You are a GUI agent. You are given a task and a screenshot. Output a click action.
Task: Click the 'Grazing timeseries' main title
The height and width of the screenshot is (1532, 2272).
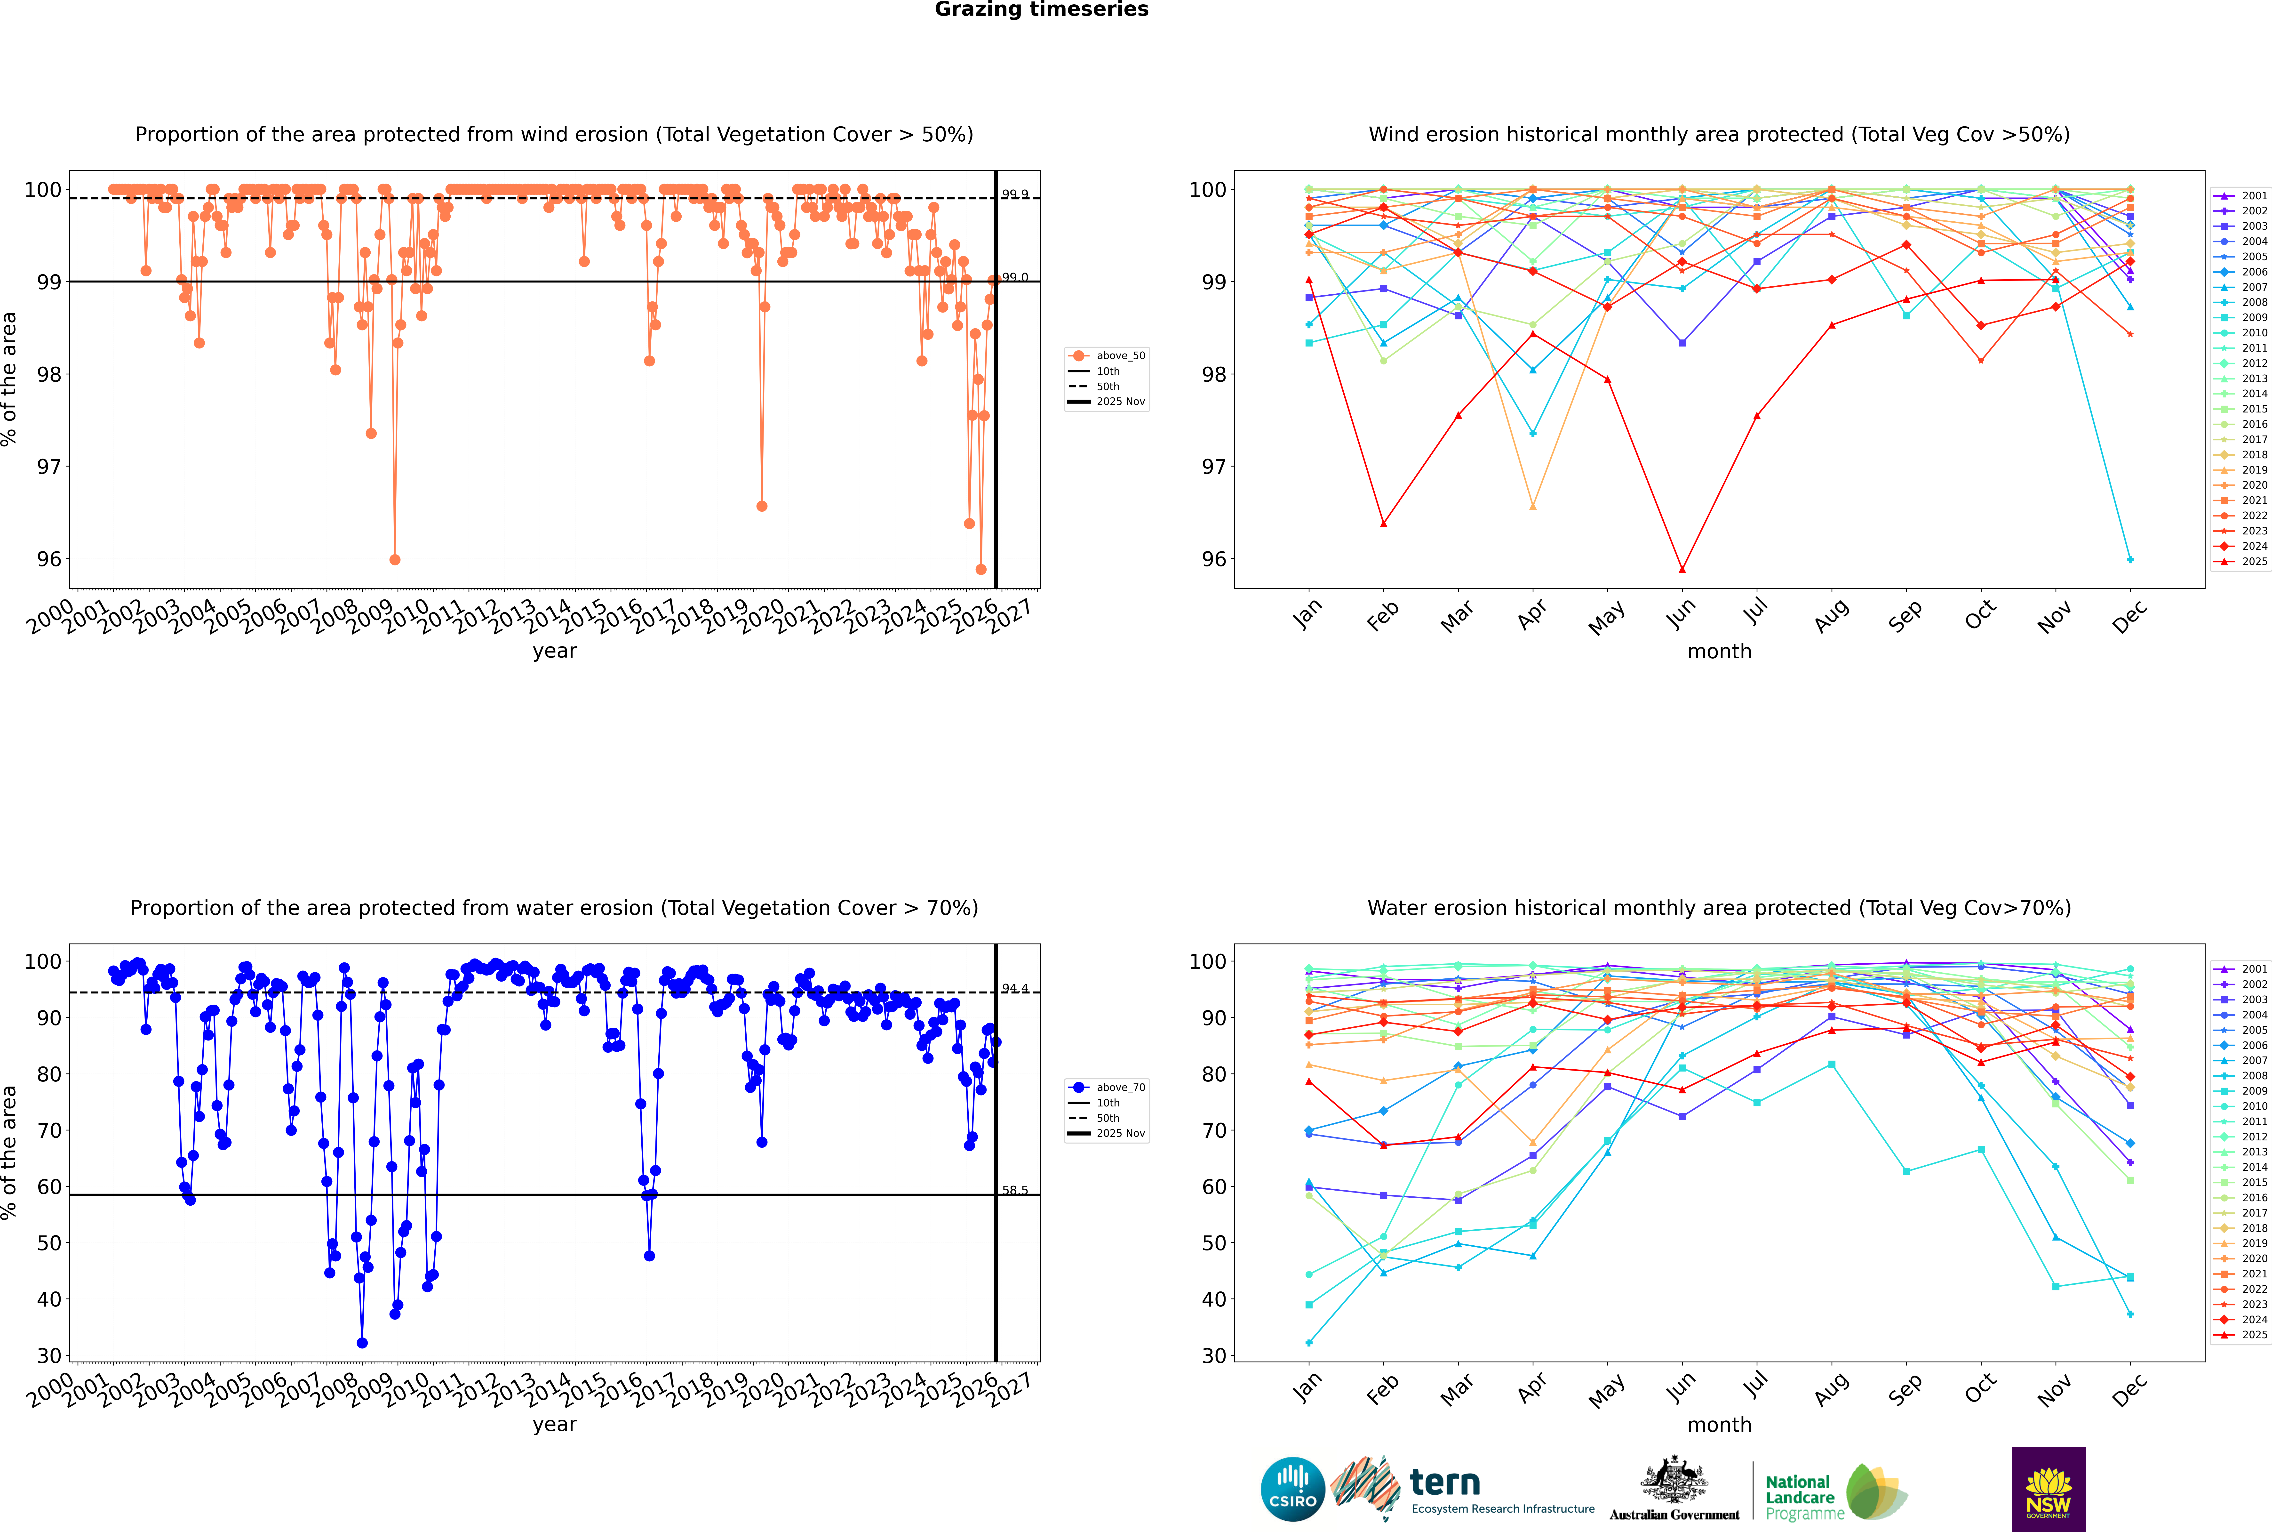pyautogui.click(x=1041, y=10)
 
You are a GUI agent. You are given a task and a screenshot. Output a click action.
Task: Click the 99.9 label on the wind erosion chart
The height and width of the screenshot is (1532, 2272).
pyautogui.click(x=1015, y=194)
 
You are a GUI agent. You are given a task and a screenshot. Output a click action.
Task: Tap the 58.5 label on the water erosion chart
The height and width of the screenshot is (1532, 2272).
pyautogui.click(x=1015, y=1190)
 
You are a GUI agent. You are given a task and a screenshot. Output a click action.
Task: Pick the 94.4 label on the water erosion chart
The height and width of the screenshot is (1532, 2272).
pyautogui.click(x=1015, y=989)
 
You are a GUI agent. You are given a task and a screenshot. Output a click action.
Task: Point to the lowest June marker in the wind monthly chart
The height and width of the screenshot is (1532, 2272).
pyautogui.click(x=1682, y=570)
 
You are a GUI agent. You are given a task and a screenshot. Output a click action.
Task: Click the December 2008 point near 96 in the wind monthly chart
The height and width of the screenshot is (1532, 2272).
pyautogui.click(x=2130, y=560)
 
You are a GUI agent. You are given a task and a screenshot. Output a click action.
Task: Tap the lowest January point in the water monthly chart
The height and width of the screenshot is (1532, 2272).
pyautogui.click(x=1309, y=1342)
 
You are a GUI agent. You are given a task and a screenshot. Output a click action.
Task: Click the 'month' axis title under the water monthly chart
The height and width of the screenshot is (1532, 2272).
pyautogui.click(x=1719, y=1425)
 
